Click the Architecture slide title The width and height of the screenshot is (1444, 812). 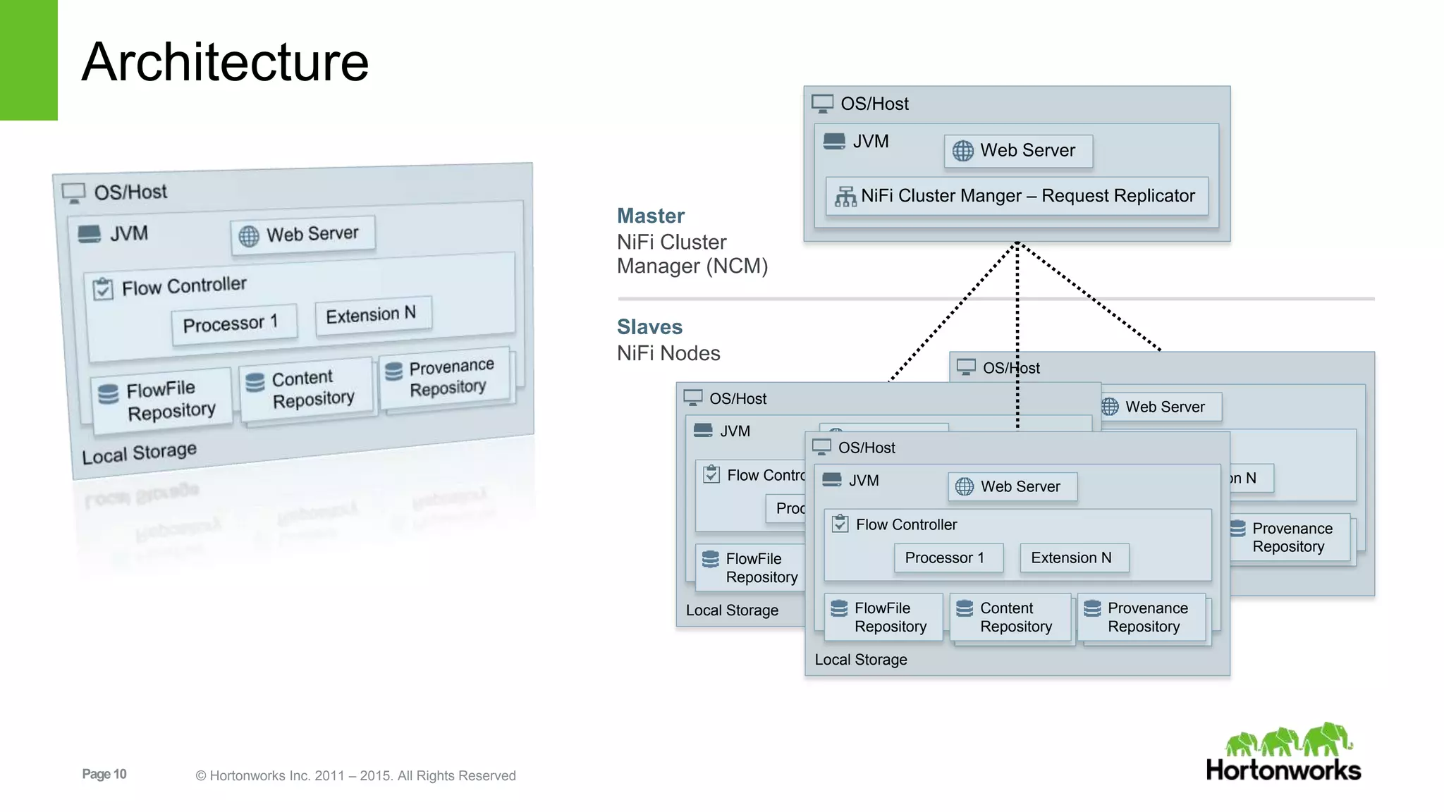(x=225, y=62)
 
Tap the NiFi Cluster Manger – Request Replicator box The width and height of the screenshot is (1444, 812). (x=1016, y=196)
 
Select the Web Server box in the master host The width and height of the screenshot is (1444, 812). (x=1018, y=151)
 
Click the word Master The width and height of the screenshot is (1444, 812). (x=650, y=216)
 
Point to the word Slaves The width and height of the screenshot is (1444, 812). (x=649, y=327)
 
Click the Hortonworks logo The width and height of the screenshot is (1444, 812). (x=1283, y=753)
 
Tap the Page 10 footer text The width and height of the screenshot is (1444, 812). (x=104, y=774)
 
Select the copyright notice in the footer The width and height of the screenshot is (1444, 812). (x=355, y=775)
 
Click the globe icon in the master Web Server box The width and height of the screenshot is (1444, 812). (x=962, y=151)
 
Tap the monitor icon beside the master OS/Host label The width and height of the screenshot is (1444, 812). (x=822, y=104)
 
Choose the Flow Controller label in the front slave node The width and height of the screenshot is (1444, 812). (x=906, y=524)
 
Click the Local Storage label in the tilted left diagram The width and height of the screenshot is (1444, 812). (x=139, y=453)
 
